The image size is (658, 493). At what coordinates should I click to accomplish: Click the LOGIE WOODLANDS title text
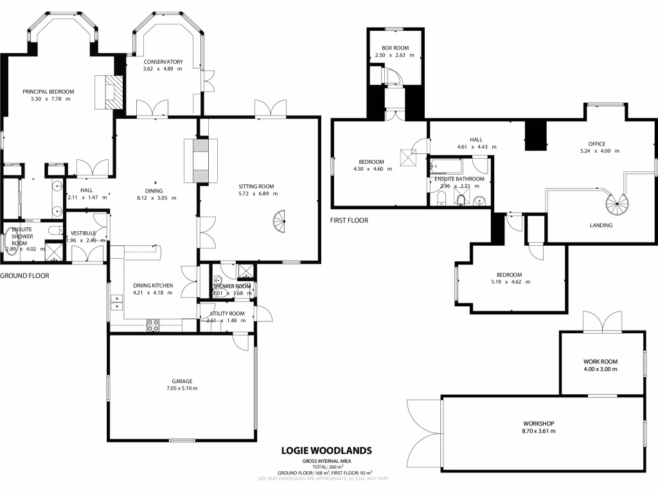coord(326,451)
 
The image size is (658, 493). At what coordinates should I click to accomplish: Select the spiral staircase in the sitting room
coord(280,223)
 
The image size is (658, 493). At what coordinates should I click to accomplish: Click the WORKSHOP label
coord(538,423)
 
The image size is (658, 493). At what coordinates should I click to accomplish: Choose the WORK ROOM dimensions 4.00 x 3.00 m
coord(600,369)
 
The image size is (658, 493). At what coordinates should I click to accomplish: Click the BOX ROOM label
coord(395,48)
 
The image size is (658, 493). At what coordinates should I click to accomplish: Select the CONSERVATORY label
coord(163,62)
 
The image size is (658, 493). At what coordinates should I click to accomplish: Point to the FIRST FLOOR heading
coord(349,220)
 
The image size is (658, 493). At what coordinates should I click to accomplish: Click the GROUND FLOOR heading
coord(24,275)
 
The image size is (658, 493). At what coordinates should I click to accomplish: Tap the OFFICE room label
coord(596,144)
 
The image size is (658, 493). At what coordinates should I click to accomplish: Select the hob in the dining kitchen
coord(154,325)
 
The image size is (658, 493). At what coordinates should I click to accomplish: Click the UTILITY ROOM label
coord(222,313)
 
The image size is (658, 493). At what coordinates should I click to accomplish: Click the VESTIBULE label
coord(83,233)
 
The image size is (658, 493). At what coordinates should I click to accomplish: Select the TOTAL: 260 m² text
coord(327,467)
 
